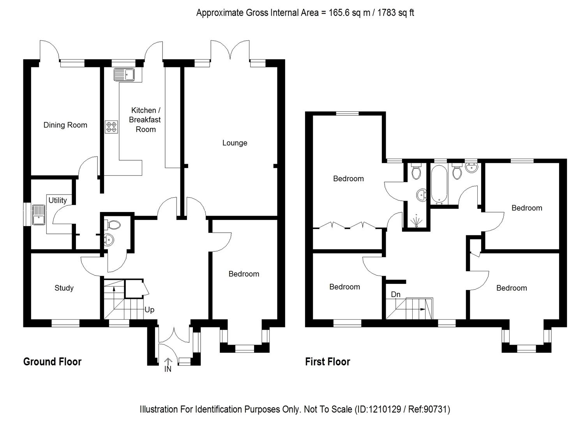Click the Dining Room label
[65, 125]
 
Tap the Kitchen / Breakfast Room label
[145, 120]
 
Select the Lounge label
[235, 143]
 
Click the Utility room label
[58, 200]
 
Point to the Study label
[64, 288]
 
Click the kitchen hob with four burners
[111, 127]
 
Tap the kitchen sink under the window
[124, 74]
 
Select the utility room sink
[39, 215]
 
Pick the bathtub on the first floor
[439, 185]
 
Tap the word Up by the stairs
[149, 310]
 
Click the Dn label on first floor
[395, 294]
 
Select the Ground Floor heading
[52, 362]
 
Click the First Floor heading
[327, 362]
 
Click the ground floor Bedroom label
[244, 274]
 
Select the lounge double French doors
[230, 51]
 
